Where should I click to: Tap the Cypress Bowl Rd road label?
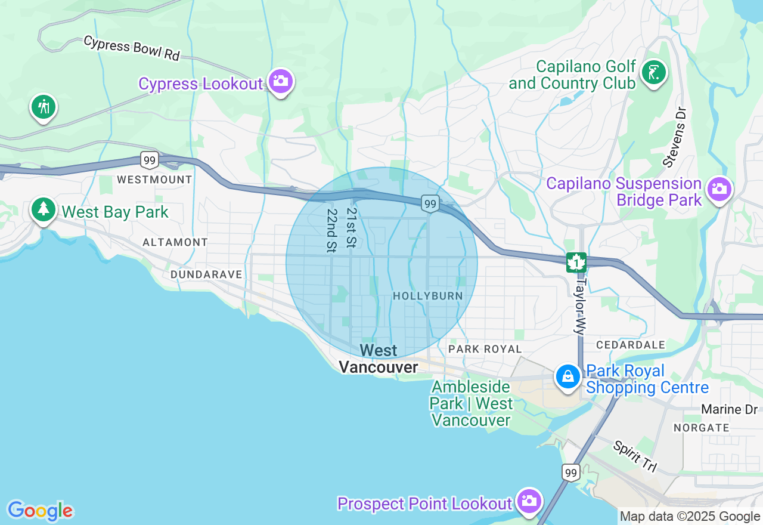point(131,48)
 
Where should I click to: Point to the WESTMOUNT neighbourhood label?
point(154,180)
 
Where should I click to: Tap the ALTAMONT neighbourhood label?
point(175,242)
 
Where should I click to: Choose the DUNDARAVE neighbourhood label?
point(206,274)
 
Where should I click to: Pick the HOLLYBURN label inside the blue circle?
point(427,296)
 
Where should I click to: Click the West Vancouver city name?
point(379,359)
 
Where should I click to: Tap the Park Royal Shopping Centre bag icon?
point(568,376)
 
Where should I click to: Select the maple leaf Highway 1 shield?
point(576,262)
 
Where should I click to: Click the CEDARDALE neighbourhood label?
point(630,345)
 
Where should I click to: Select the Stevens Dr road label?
point(675,137)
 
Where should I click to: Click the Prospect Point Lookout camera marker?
point(528,501)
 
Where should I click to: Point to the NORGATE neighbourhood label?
point(701,428)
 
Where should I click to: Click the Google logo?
point(40,511)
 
